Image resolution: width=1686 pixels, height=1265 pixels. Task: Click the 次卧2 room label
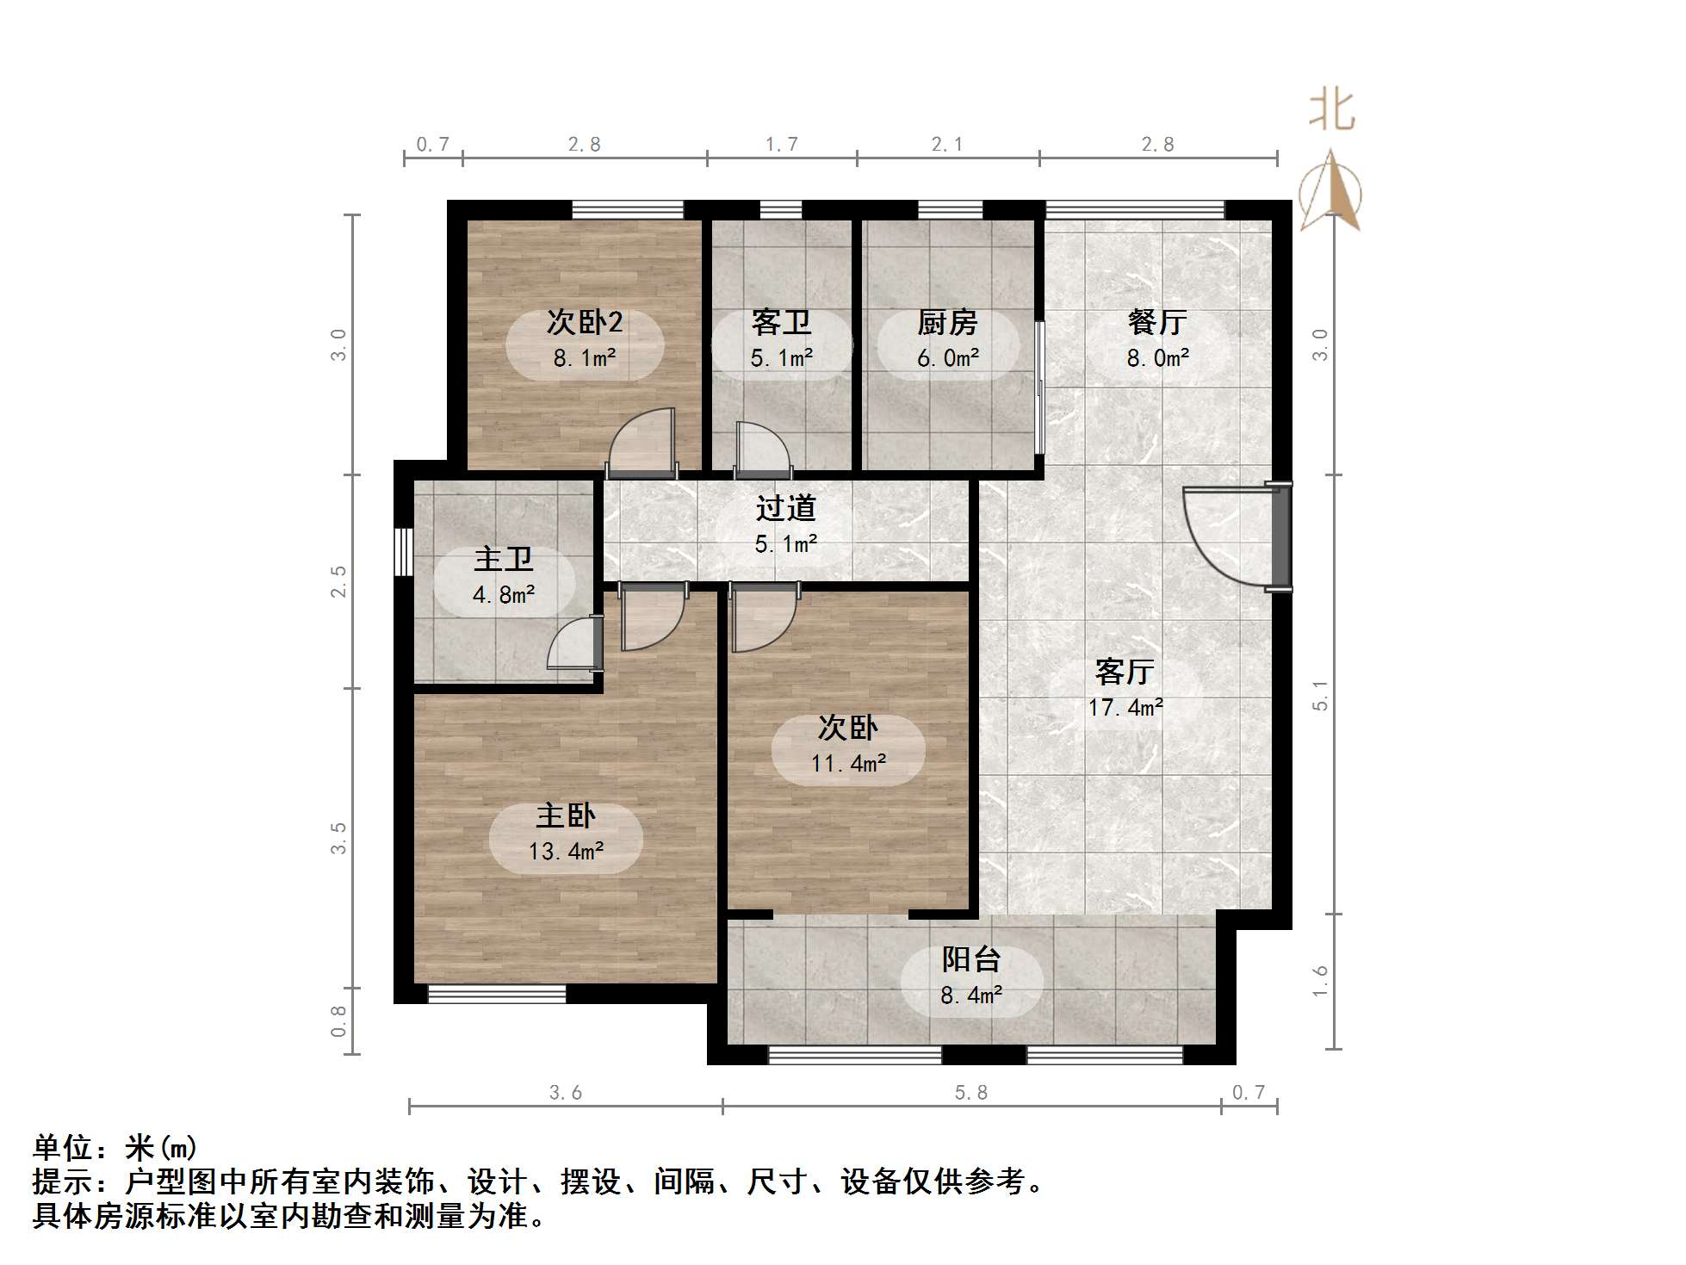tap(584, 322)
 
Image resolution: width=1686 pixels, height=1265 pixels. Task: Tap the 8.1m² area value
tap(584, 358)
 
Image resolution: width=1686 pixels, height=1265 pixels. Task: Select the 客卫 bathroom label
tap(781, 322)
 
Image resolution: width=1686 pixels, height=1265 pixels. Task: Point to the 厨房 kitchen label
tap(947, 322)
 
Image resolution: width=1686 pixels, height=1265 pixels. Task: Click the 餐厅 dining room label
tap(1157, 322)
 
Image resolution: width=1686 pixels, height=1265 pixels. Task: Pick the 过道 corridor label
tap(785, 508)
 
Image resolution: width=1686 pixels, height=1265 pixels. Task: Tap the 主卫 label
tap(504, 559)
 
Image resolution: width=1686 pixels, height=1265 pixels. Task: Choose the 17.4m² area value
tap(1125, 708)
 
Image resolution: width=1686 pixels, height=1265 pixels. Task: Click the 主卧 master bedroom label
tap(566, 815)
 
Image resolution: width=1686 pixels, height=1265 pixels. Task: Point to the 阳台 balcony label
tap(970, 958)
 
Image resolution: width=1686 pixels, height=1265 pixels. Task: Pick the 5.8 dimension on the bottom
tap(970, 1093)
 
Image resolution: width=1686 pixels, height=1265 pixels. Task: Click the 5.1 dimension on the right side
tap(1320, 695)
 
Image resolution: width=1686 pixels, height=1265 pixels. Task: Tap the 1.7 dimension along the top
tap(782, 144)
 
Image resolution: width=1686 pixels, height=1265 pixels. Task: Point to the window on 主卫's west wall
tap(401, 551)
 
